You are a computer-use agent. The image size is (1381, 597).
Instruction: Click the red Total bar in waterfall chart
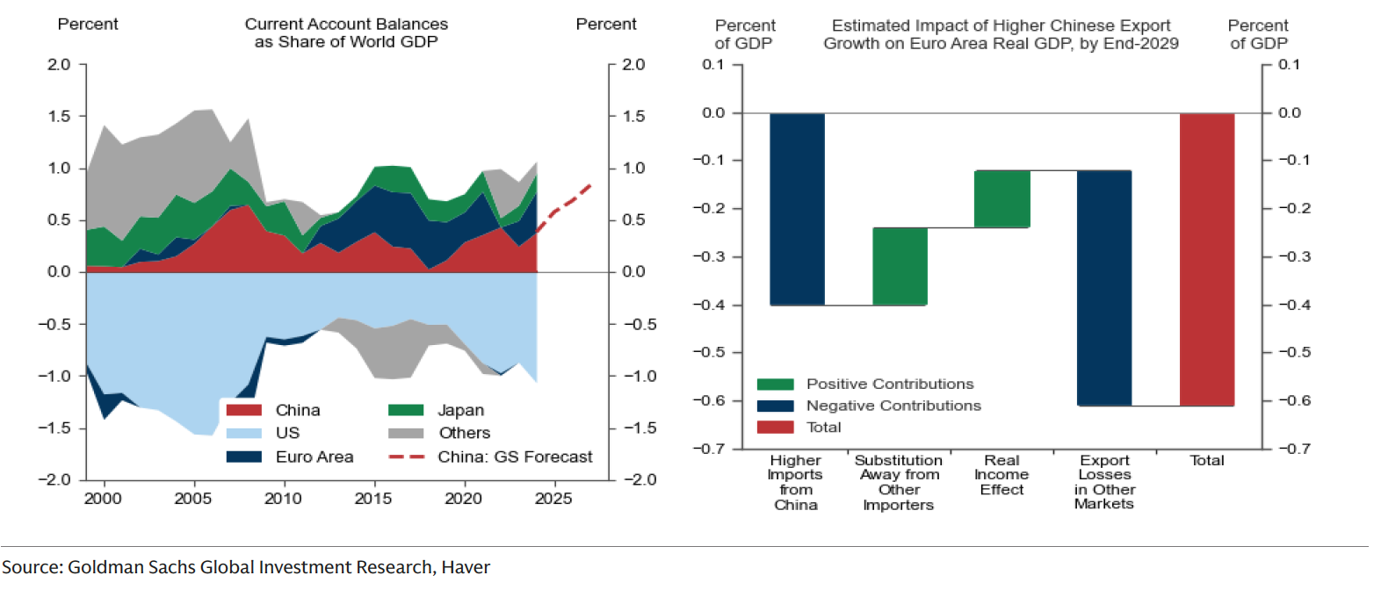click(1206, 259)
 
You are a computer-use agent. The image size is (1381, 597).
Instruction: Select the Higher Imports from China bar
click(797, 209)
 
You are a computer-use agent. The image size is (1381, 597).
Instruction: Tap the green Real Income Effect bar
click(1001, 199)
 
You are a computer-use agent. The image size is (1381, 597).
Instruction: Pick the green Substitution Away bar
click(900, 266)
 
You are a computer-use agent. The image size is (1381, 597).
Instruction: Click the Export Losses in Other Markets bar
click(1104, 288)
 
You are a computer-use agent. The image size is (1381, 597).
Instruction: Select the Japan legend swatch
click(406, 410)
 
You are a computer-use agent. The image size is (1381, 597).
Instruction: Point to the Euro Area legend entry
click(314, 457)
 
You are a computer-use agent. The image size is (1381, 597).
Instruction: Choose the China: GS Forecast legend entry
click(514, 457)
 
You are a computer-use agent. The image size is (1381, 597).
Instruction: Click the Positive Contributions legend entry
click(889, 384)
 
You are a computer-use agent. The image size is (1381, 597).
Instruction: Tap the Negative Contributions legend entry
click(893, 406)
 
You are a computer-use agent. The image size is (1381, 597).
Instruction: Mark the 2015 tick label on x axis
click(373, 499)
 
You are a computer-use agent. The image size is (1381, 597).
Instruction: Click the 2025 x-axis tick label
click(553, 499)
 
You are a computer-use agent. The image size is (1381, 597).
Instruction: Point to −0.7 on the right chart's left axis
click(709, 449)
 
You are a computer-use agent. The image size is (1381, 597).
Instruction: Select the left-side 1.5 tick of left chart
click(59, 116)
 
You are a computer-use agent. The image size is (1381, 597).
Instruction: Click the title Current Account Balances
click(346, 25)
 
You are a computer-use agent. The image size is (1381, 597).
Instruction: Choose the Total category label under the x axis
click(1206, 460)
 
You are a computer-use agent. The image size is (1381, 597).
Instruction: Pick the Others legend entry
click(464, 433)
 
